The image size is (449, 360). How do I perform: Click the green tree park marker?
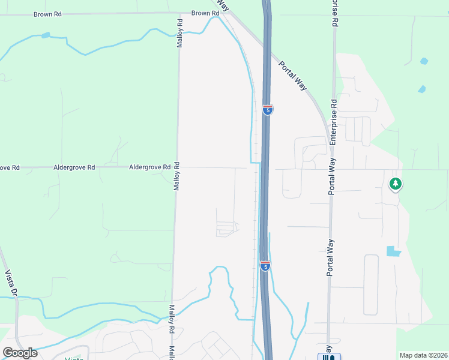pyautogui.click(x=395, y=184)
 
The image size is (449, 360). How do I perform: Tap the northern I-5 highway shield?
pyautogui.click(x=268, y=110)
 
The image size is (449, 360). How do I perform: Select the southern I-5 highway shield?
pyautogui.click(x=265, y=265)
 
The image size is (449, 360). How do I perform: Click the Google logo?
pyautogui.click(x=20, y=352)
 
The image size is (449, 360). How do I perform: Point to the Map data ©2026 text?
pyautogui.click(x=423, y=355)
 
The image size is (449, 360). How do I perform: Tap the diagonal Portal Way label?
pyautogui.click(x=294, y=75)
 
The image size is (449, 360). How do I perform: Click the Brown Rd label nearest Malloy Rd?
pyautogui.click(x=205, y=13)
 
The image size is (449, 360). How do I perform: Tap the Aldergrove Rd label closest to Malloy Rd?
pyautogui.click(x=149, y=168)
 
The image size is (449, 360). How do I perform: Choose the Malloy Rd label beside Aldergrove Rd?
pyautogui.click(x=176, y=175)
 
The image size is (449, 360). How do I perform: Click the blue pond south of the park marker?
pyautogui.click(x=394, y=251)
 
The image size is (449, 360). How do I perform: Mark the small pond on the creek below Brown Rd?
pyautogui.click(x=46, y=35)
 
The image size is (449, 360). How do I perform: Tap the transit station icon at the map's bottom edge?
pyautogui.click(x=328, y=357)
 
